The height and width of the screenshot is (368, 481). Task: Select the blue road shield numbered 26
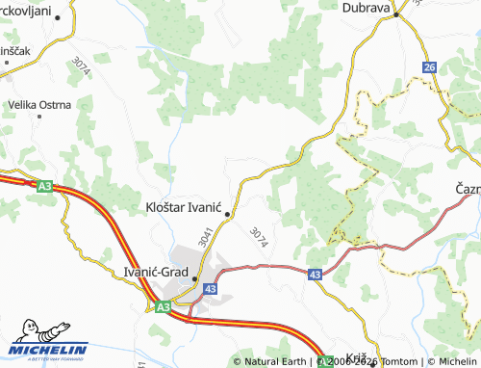(429, 66)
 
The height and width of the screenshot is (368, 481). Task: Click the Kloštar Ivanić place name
(183, 206)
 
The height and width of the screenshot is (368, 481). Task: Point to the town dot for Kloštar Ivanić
(228, 215)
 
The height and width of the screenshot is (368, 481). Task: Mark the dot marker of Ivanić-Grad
(195, 280)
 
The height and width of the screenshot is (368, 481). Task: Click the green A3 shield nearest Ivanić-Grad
(163, 306)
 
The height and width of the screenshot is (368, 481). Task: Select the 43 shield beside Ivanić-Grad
(211, 289)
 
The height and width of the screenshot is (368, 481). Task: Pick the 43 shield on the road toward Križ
(316, 275)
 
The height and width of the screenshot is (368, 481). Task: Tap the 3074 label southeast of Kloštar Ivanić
(258, 237)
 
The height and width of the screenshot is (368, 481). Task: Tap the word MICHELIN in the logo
(49, 350)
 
